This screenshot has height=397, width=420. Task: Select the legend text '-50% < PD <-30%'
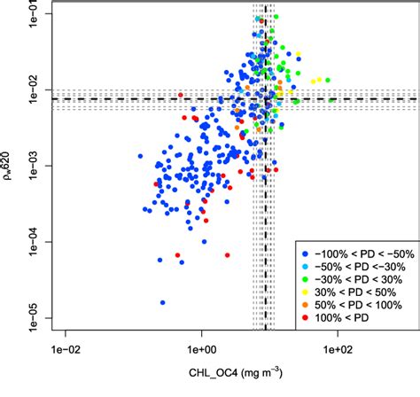click(353, 267)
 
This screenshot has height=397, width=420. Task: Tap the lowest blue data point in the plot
click(163, 302)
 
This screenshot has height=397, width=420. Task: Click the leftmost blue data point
click(140, 156)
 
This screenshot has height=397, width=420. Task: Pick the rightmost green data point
click(332, 101)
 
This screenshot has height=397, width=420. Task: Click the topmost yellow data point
click(299, 53)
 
